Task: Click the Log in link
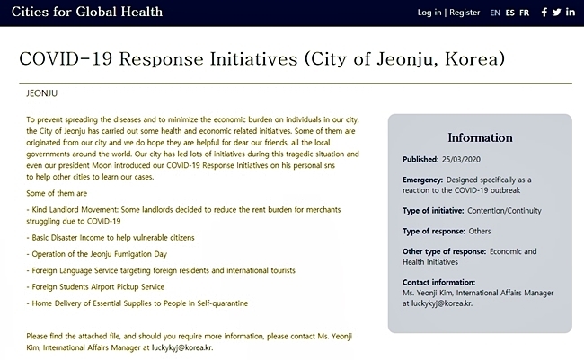[429, 13]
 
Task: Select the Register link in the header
[465, 13]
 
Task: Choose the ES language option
[510, 13]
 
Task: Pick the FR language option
[524, 13]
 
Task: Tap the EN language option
[495, 13]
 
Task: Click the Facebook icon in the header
[544, 13]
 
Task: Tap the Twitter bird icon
[556, 13]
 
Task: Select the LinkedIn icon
[571, 12]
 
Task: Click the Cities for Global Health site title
[87, 12]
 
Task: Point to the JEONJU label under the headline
[41, 93]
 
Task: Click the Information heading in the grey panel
[480, 137]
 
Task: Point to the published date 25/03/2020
[461, 159]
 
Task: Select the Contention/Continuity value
[504, 211]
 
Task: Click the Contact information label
[438, 282]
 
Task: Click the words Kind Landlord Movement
[75, 209]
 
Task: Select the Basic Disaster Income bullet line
[111, 238]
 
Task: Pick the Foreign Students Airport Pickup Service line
[95, 287]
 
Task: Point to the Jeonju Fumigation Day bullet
[96, 254]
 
